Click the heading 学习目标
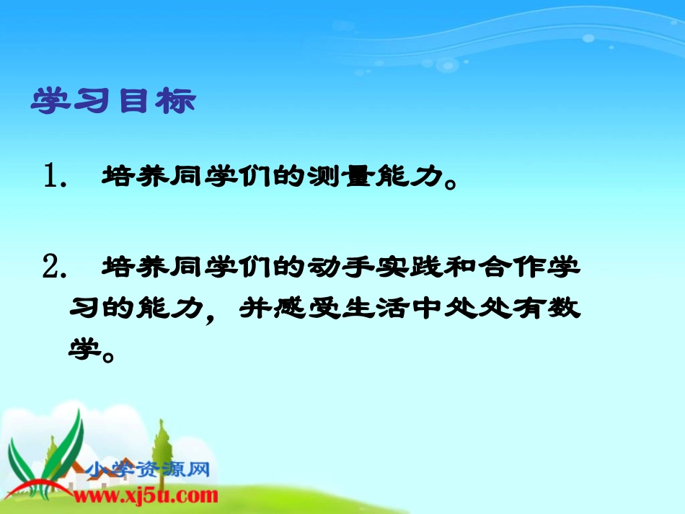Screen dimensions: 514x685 click(x=113, y=102)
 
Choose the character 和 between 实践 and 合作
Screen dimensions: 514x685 click(x=462, y=268)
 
